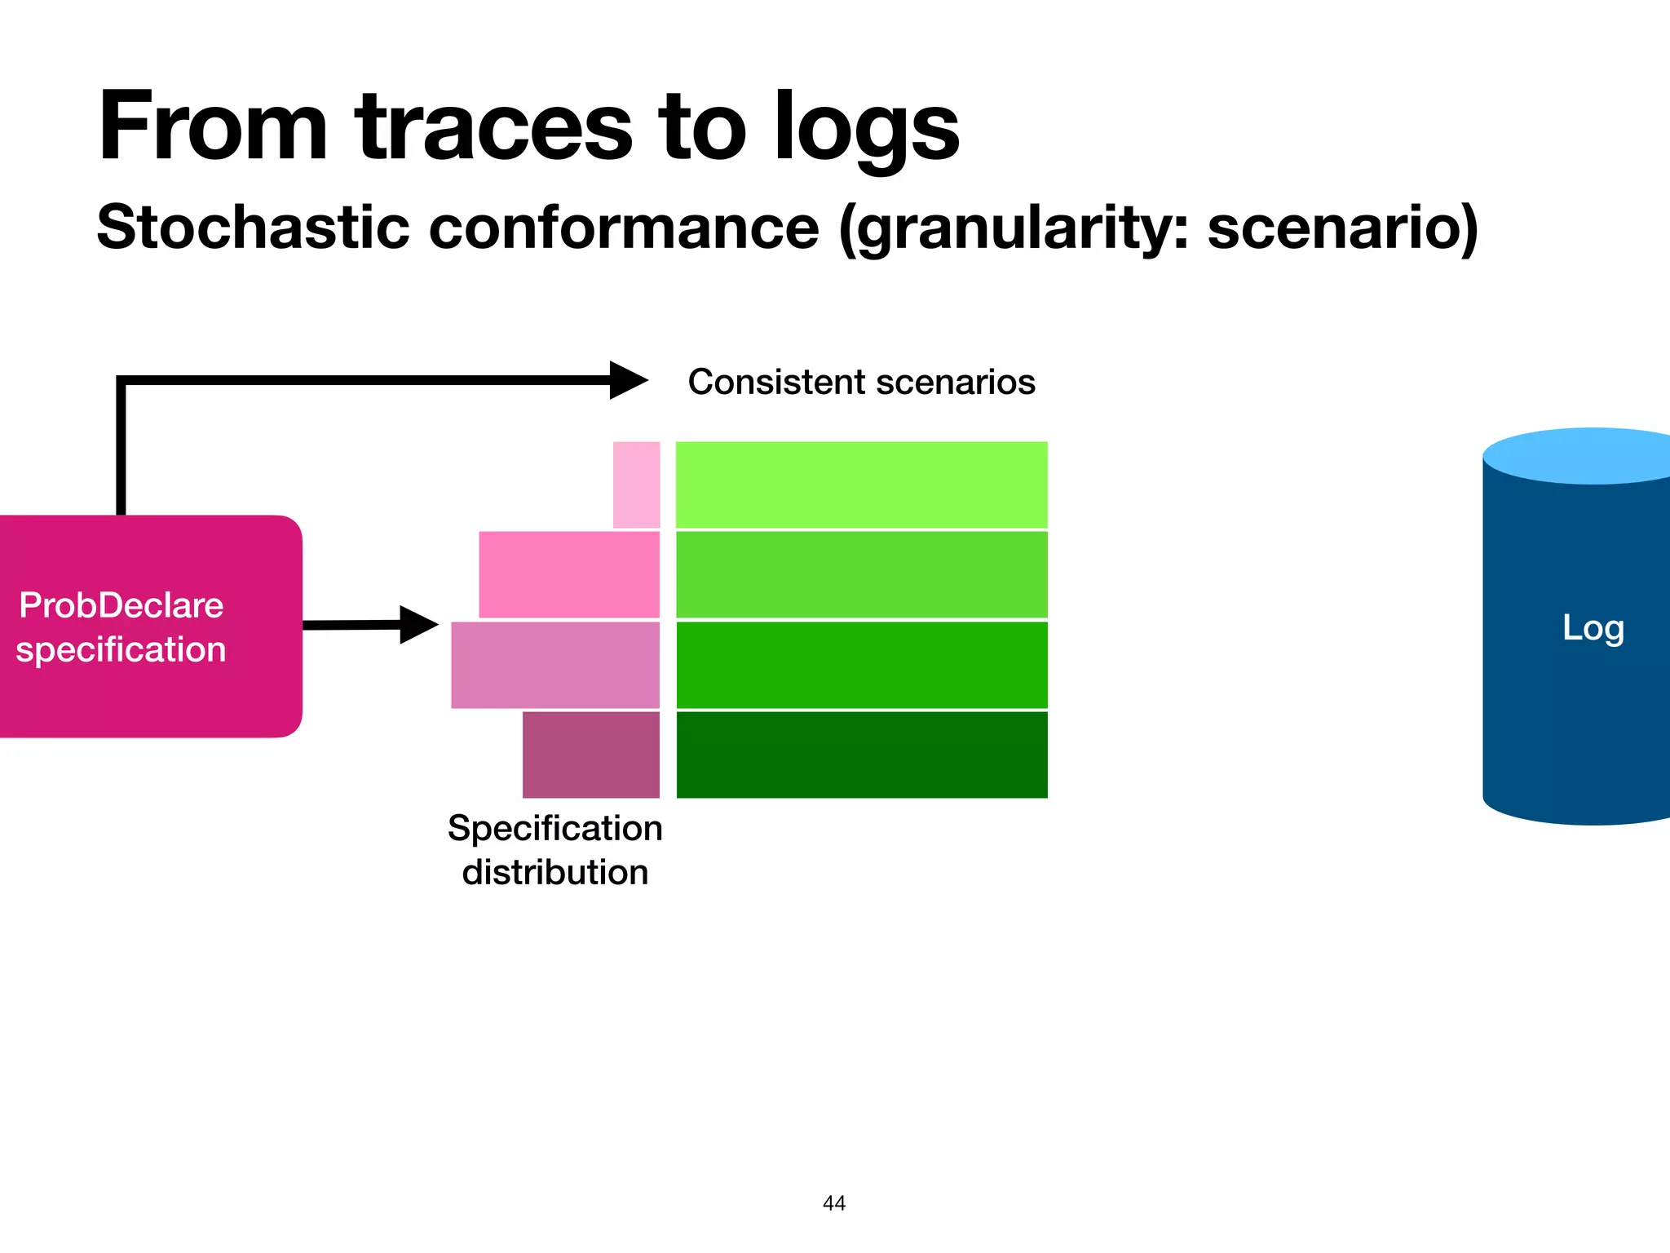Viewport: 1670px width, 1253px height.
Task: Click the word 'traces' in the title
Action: click(x=493, y=128)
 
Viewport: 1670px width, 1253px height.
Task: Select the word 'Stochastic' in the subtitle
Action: click(x=254, y=228)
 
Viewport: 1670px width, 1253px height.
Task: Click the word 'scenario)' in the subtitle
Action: click(x=1342, y=228)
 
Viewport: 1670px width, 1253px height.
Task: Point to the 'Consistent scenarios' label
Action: click(x=861, y=382)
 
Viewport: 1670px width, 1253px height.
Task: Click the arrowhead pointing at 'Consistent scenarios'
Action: click(x=628, y=380)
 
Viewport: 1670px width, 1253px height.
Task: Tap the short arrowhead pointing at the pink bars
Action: click(x=418, y=625)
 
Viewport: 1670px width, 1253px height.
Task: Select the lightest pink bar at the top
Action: click(x=636, y=485)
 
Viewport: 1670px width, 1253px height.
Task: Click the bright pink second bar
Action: click(x=569, y=574)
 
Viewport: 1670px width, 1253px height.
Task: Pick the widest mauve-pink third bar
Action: click(x=555, y=665)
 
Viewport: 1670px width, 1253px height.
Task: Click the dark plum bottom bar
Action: click(x=591, y=755)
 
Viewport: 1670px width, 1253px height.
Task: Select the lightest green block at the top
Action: click(x=862, y=485)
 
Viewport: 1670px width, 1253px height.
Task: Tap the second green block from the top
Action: click(x=862, y=574)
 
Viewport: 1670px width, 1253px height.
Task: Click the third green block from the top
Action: click(x=862, y=665)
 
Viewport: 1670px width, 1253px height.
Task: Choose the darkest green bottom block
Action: click(x=862, y=755)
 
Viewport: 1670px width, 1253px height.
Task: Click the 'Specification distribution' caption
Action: click(x=555, y=850)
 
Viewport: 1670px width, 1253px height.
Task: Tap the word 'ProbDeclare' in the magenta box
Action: click(x=121, y=605)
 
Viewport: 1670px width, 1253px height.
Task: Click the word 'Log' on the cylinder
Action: click(x=1593, y=628)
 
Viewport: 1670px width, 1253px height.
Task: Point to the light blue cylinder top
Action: click(x=1582, y=456)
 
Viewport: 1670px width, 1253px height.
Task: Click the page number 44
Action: click(x=834, y=1203)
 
